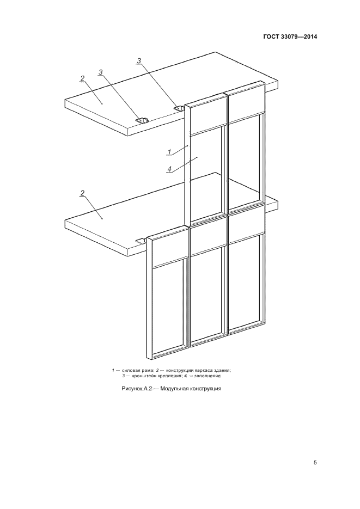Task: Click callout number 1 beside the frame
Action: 169,151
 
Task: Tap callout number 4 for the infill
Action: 169,169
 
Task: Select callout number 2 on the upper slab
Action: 82,78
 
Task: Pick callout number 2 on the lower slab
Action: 82,193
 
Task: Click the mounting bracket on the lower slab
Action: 141,241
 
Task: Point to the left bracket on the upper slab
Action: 142,120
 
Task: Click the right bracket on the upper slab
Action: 179,108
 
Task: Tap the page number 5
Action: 315,463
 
